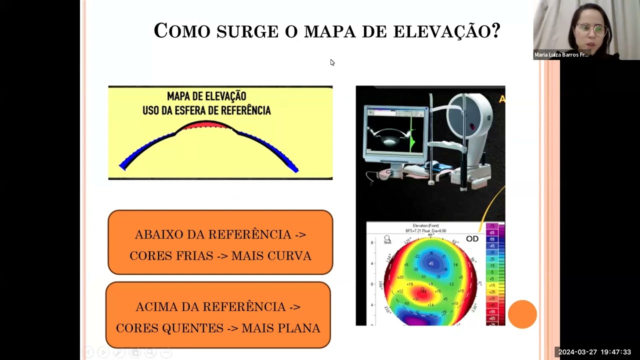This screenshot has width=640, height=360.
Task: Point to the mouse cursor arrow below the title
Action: (x=332, y=62)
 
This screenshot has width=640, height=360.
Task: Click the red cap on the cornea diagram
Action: (x=205, y=125)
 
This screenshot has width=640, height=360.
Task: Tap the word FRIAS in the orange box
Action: (x=192, y=256)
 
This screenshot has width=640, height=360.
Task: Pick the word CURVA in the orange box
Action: (x=289, y=256)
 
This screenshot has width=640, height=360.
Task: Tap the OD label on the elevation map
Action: (x=472, y=239)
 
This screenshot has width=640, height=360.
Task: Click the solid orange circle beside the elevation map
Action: (x=522, y=314)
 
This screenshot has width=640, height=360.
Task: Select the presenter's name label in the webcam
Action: (x=561, y=55)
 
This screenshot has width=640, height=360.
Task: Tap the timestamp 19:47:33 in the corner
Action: (x=616, y=352)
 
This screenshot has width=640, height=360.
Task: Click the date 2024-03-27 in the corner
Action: (x=577, y=352)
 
